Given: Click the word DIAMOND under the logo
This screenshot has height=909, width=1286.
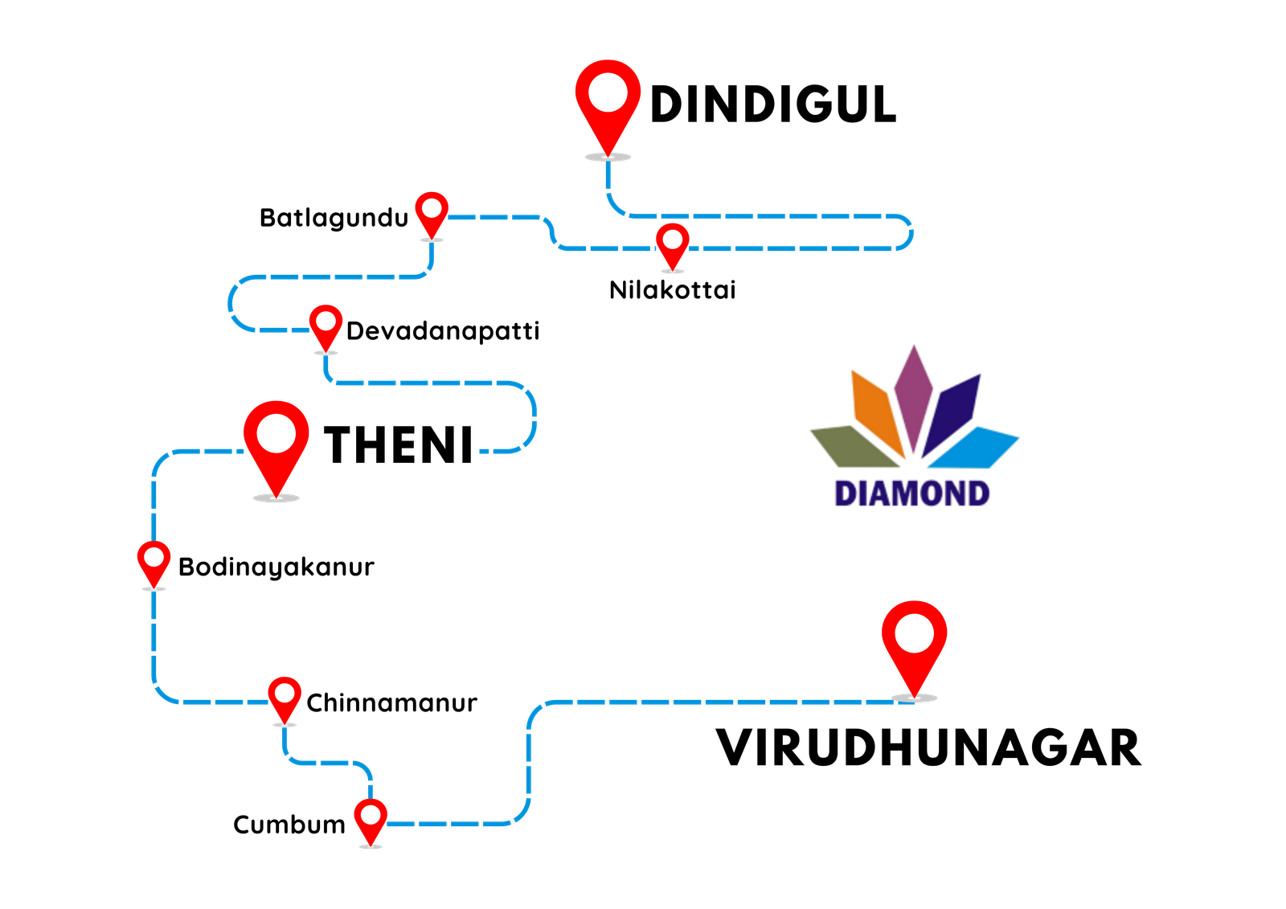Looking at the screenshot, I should point(912,493).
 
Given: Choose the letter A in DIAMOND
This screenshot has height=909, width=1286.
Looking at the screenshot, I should point(886,493).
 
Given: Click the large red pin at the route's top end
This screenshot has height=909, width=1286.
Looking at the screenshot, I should point(608,100).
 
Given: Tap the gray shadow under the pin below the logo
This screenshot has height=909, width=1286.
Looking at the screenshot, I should point(915,698).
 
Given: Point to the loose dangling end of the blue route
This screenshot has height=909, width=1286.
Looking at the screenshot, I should point(482,452).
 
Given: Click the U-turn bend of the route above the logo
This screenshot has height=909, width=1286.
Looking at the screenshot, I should point(910,233).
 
